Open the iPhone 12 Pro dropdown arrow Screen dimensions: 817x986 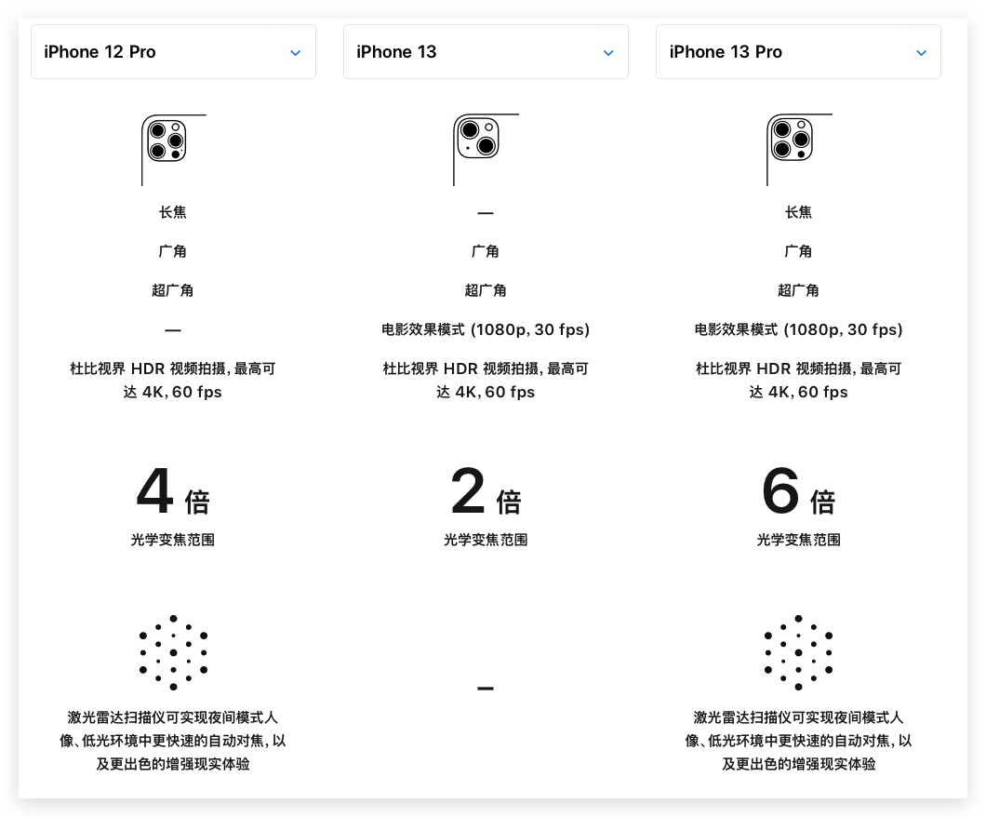coord(296,53)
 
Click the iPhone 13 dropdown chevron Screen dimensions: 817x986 coord(608,53)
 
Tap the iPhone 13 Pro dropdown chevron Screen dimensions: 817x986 coord(922,53)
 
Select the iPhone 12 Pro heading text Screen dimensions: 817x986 coord(100,52)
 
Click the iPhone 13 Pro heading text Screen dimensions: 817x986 coord(726,52)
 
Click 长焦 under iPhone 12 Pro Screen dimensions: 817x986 coord(173,212)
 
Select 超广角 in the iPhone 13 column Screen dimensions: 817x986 coord(486,290)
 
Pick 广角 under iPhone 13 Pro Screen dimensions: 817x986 coord(798,251)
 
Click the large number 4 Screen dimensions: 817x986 coord(155,492)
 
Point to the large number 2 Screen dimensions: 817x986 coord(468,492)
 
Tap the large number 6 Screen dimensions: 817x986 coord(780,492)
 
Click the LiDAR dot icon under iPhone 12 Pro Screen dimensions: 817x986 coord(173,652)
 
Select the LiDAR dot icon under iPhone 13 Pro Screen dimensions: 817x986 coord(798,652)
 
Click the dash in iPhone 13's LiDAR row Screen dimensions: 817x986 coord(486,689)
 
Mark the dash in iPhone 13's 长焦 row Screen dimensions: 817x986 coord(486,213)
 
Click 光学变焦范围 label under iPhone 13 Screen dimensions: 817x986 coord(486,540)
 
